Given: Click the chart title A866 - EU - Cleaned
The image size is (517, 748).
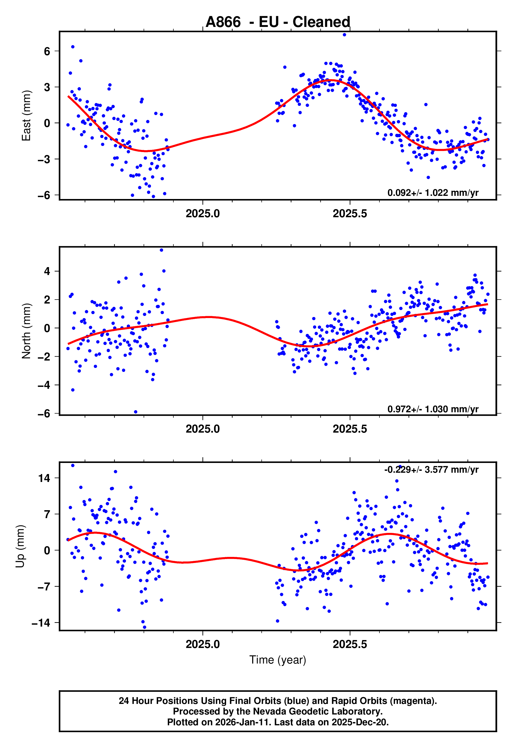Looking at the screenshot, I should coord(278,22).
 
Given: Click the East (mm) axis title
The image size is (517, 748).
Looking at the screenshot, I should coord(26,116).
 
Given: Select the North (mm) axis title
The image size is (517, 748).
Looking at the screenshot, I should coord(26,331).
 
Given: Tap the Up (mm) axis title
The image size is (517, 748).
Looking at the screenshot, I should coord(20,546).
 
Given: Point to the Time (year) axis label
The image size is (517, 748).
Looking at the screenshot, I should coord(278,660).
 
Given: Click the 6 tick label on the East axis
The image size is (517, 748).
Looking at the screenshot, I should coord(47,51).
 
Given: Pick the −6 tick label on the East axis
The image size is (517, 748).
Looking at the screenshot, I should coord(44,195).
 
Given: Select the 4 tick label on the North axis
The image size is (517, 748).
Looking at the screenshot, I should coord(47,271).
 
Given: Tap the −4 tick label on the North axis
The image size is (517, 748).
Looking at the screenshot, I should coord(44,385).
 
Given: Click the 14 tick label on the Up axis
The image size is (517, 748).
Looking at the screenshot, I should coord(44,478).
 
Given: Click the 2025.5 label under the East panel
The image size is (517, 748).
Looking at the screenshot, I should coord(350,214).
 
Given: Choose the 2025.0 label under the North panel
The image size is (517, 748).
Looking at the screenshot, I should coord(203,429).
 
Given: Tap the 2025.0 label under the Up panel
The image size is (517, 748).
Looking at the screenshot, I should coord(203,644).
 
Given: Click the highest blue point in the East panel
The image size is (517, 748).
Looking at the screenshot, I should coord(344,35).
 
